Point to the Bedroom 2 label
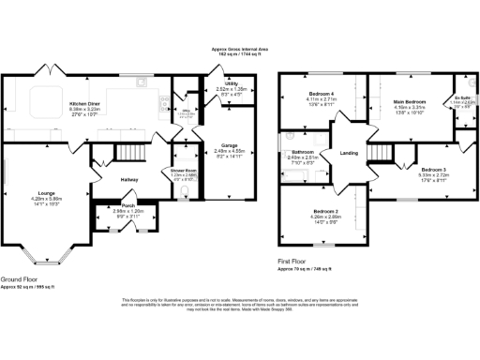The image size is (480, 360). click(325, 211)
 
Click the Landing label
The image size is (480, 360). click(349, 154)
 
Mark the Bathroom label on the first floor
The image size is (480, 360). click(302, 152)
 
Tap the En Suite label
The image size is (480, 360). click(461, 97)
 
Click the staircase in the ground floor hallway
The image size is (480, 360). click(125, 153)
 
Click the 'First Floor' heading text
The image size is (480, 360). click(294, 262)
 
